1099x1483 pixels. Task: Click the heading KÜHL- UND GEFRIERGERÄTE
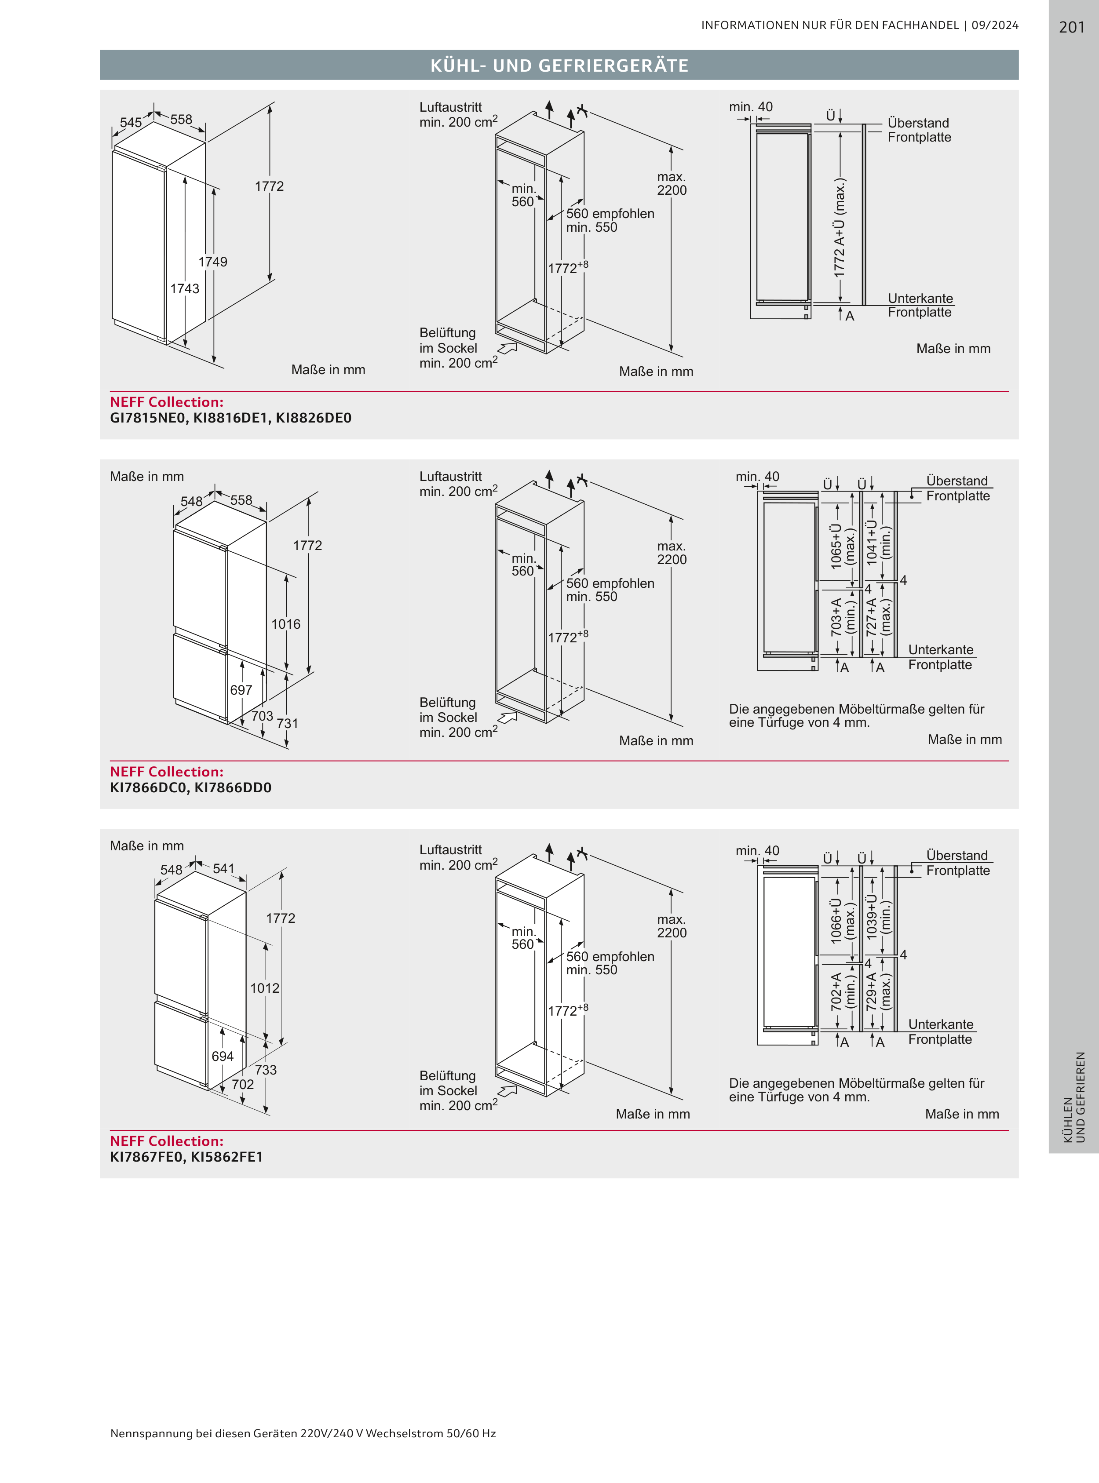coord(559,65)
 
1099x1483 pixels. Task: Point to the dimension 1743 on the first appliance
coord(184,288)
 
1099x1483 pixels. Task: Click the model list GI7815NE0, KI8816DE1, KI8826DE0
coord(230,418)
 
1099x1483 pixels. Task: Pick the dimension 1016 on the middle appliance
coord(285,624)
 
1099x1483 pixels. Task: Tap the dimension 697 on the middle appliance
coord(241,690)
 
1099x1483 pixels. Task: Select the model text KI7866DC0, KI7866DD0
coord(190,788)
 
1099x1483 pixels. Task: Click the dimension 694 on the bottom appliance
coord(222,1056)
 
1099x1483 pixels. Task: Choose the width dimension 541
coord(223,868)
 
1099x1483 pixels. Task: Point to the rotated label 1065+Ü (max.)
coord(842,545)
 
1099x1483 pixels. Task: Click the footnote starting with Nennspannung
coord(303,1433)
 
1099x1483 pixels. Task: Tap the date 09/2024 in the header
coord(995,25)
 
